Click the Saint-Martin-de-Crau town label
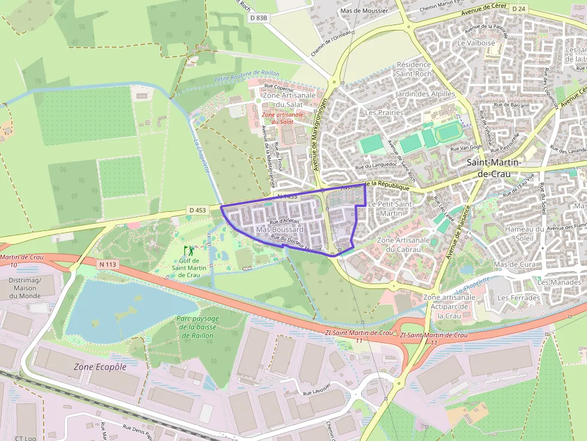pos(494,168)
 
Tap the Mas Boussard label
pos(280,230)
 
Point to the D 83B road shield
pos(258,18)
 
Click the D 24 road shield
pos(518,8)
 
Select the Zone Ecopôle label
pos(100,367)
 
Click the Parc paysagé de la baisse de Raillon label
pos(198,327)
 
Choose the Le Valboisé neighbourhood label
pos(476,43)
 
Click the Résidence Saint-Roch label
pos(414,69)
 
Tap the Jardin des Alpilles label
pos(425,94)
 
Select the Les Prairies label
pos(384,112)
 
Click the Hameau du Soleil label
pos(527,234)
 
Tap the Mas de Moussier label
pos(364,11)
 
